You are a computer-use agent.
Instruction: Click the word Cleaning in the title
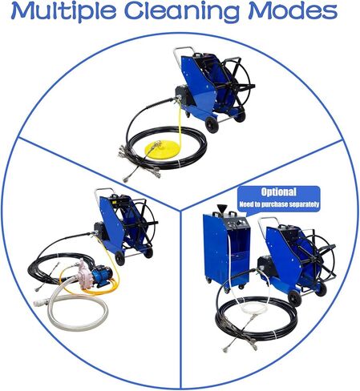[182, 12]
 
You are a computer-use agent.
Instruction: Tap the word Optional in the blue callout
[278, 192]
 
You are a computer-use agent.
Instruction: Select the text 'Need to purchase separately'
[279, 204]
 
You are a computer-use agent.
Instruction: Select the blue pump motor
[102, 276]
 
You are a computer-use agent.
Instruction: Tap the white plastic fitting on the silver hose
[41, 303]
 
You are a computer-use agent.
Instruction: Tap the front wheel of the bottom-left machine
[119, 259]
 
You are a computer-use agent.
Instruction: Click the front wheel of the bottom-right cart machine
[295, 299]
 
